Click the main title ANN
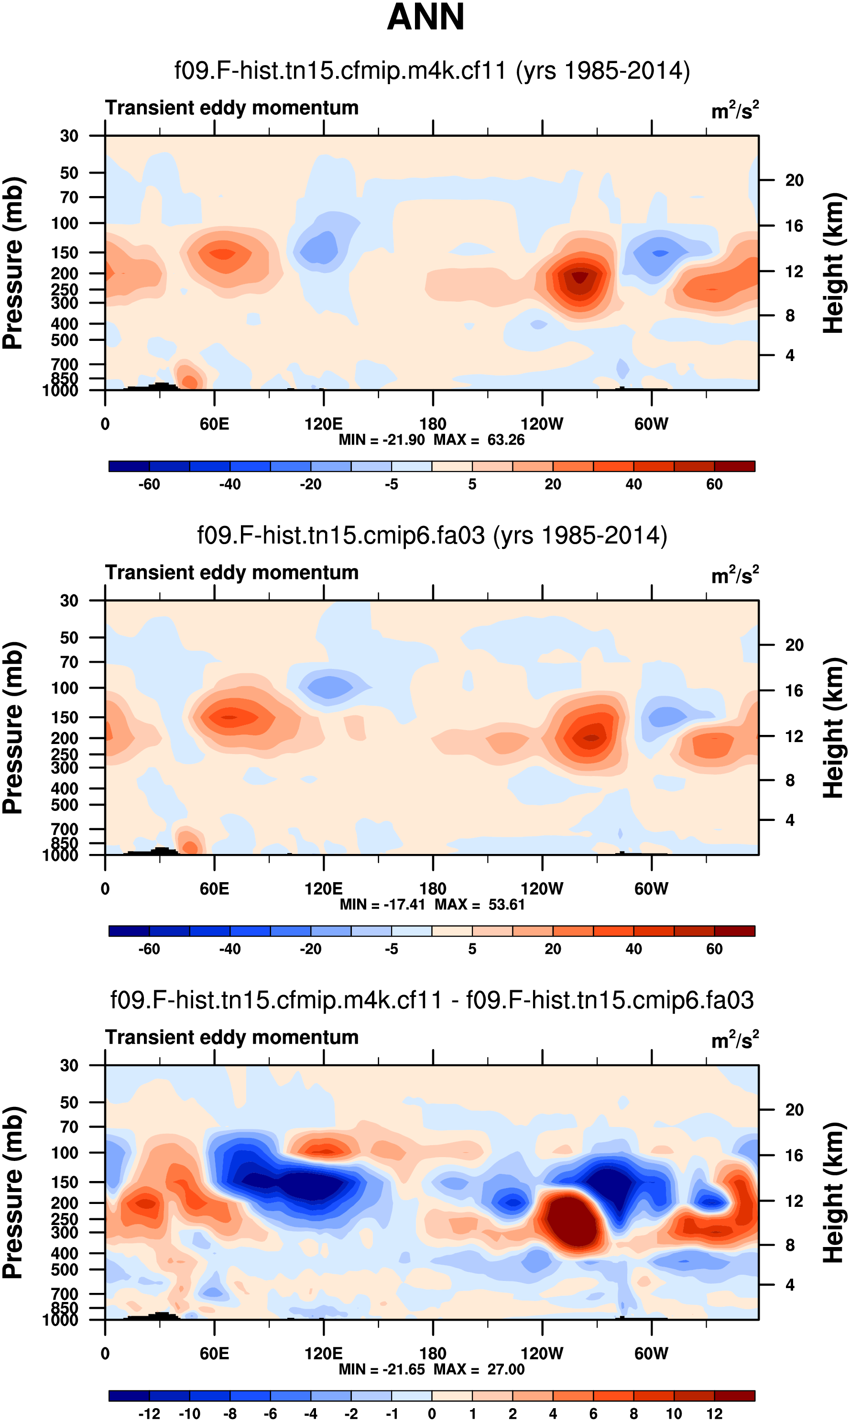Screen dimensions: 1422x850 [425, 17]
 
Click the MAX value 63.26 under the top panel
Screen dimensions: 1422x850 [506, 440]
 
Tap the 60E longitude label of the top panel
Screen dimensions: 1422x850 [214, 425]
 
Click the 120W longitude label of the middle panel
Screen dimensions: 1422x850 [542, 889]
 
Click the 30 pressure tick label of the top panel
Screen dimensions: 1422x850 [69, 136]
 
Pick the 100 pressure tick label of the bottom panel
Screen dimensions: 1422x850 [65, 1152]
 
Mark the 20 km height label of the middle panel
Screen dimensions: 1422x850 [794, 645]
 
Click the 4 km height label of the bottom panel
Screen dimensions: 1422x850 [790, 1285]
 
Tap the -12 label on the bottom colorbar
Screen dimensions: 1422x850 [149, 1413]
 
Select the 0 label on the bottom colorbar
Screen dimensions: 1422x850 [432, 1413]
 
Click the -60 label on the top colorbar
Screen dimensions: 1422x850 [149, 484]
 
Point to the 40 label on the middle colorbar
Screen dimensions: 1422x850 [633, 949]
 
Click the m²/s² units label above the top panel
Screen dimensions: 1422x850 [735, 110]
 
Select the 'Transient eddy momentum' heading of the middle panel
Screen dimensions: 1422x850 [231, 573]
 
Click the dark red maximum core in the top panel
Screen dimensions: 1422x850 [579, 277]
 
